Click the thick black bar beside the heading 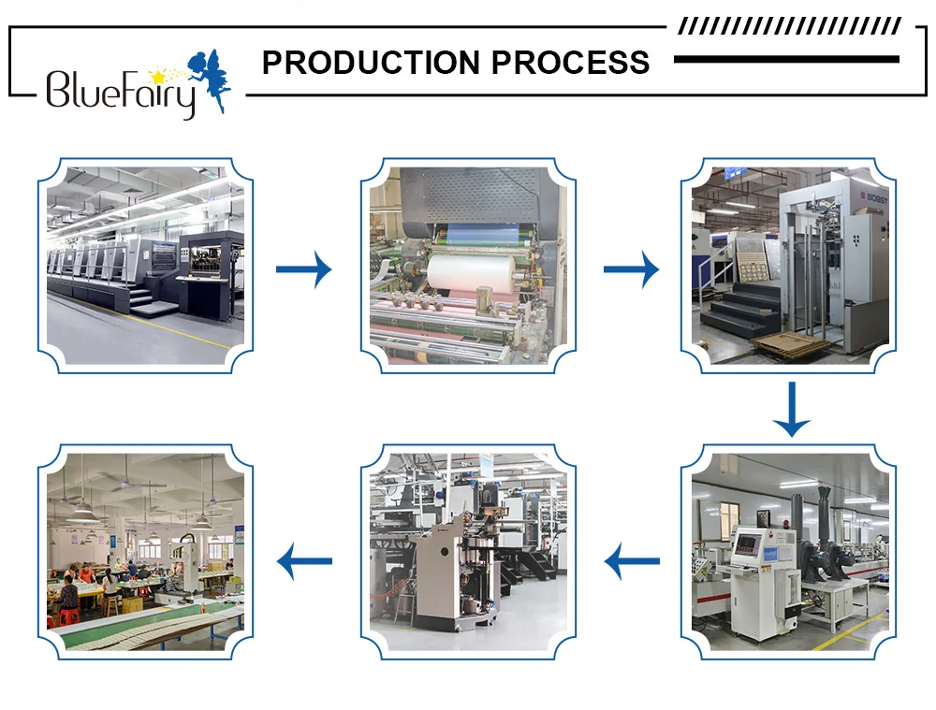click(786, 59)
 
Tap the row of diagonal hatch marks click(789, 26)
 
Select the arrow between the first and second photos click(303, 269)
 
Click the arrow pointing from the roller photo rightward click(631, 269)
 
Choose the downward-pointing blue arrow click(792, 410)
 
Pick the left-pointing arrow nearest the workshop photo click(305, 562)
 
